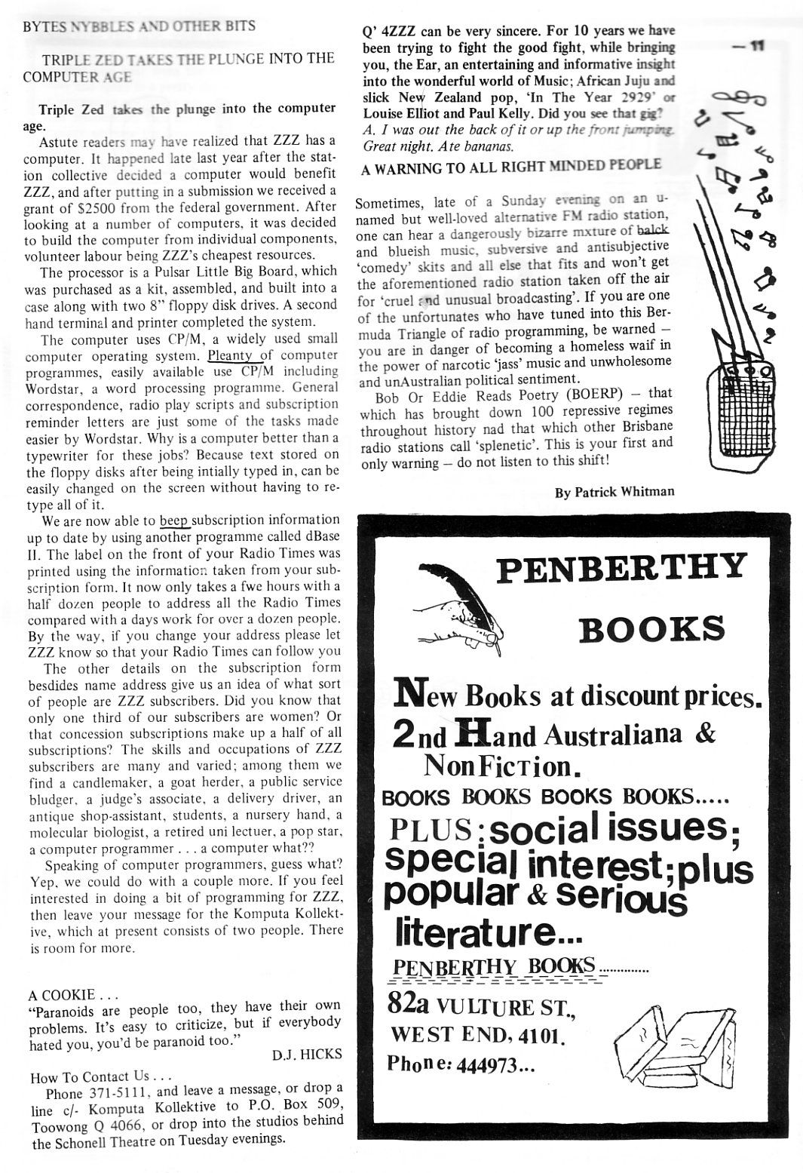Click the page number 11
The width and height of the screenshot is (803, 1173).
[753, 45]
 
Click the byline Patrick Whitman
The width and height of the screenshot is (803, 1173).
[615, 493]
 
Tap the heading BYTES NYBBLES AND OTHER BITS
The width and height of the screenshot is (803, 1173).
[139, 26]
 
